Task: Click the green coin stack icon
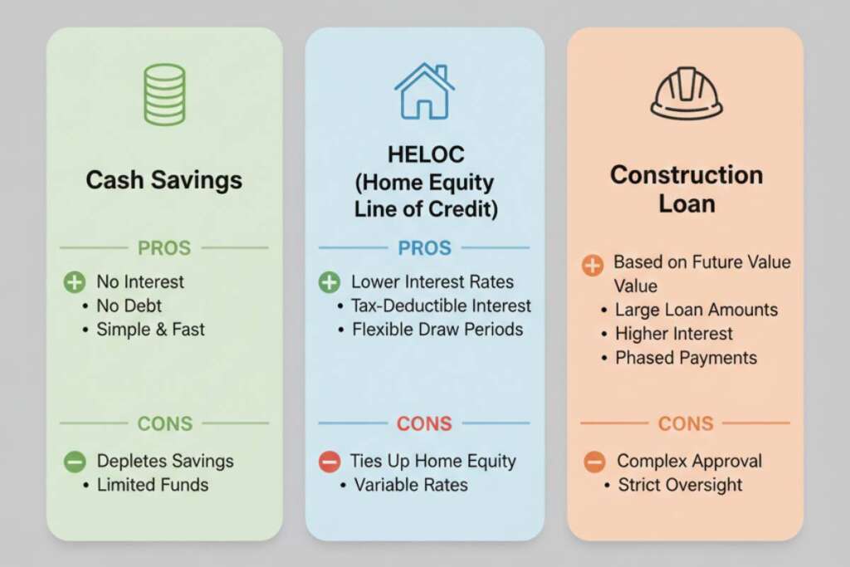164,95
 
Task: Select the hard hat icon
686,93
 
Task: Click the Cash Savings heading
164,180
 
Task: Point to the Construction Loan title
686,188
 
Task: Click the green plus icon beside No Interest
75,282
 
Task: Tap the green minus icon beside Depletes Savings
75,461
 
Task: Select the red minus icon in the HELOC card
330,461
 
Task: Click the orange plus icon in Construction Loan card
593,266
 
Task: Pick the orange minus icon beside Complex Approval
594,462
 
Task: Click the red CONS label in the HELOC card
423,423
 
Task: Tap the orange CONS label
686,423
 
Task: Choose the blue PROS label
423,248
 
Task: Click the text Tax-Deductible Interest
442,305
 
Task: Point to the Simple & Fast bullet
150,329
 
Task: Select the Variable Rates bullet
411,485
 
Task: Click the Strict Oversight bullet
680,485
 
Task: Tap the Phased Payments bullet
686,358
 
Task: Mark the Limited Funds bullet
152,485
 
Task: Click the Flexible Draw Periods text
437,330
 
